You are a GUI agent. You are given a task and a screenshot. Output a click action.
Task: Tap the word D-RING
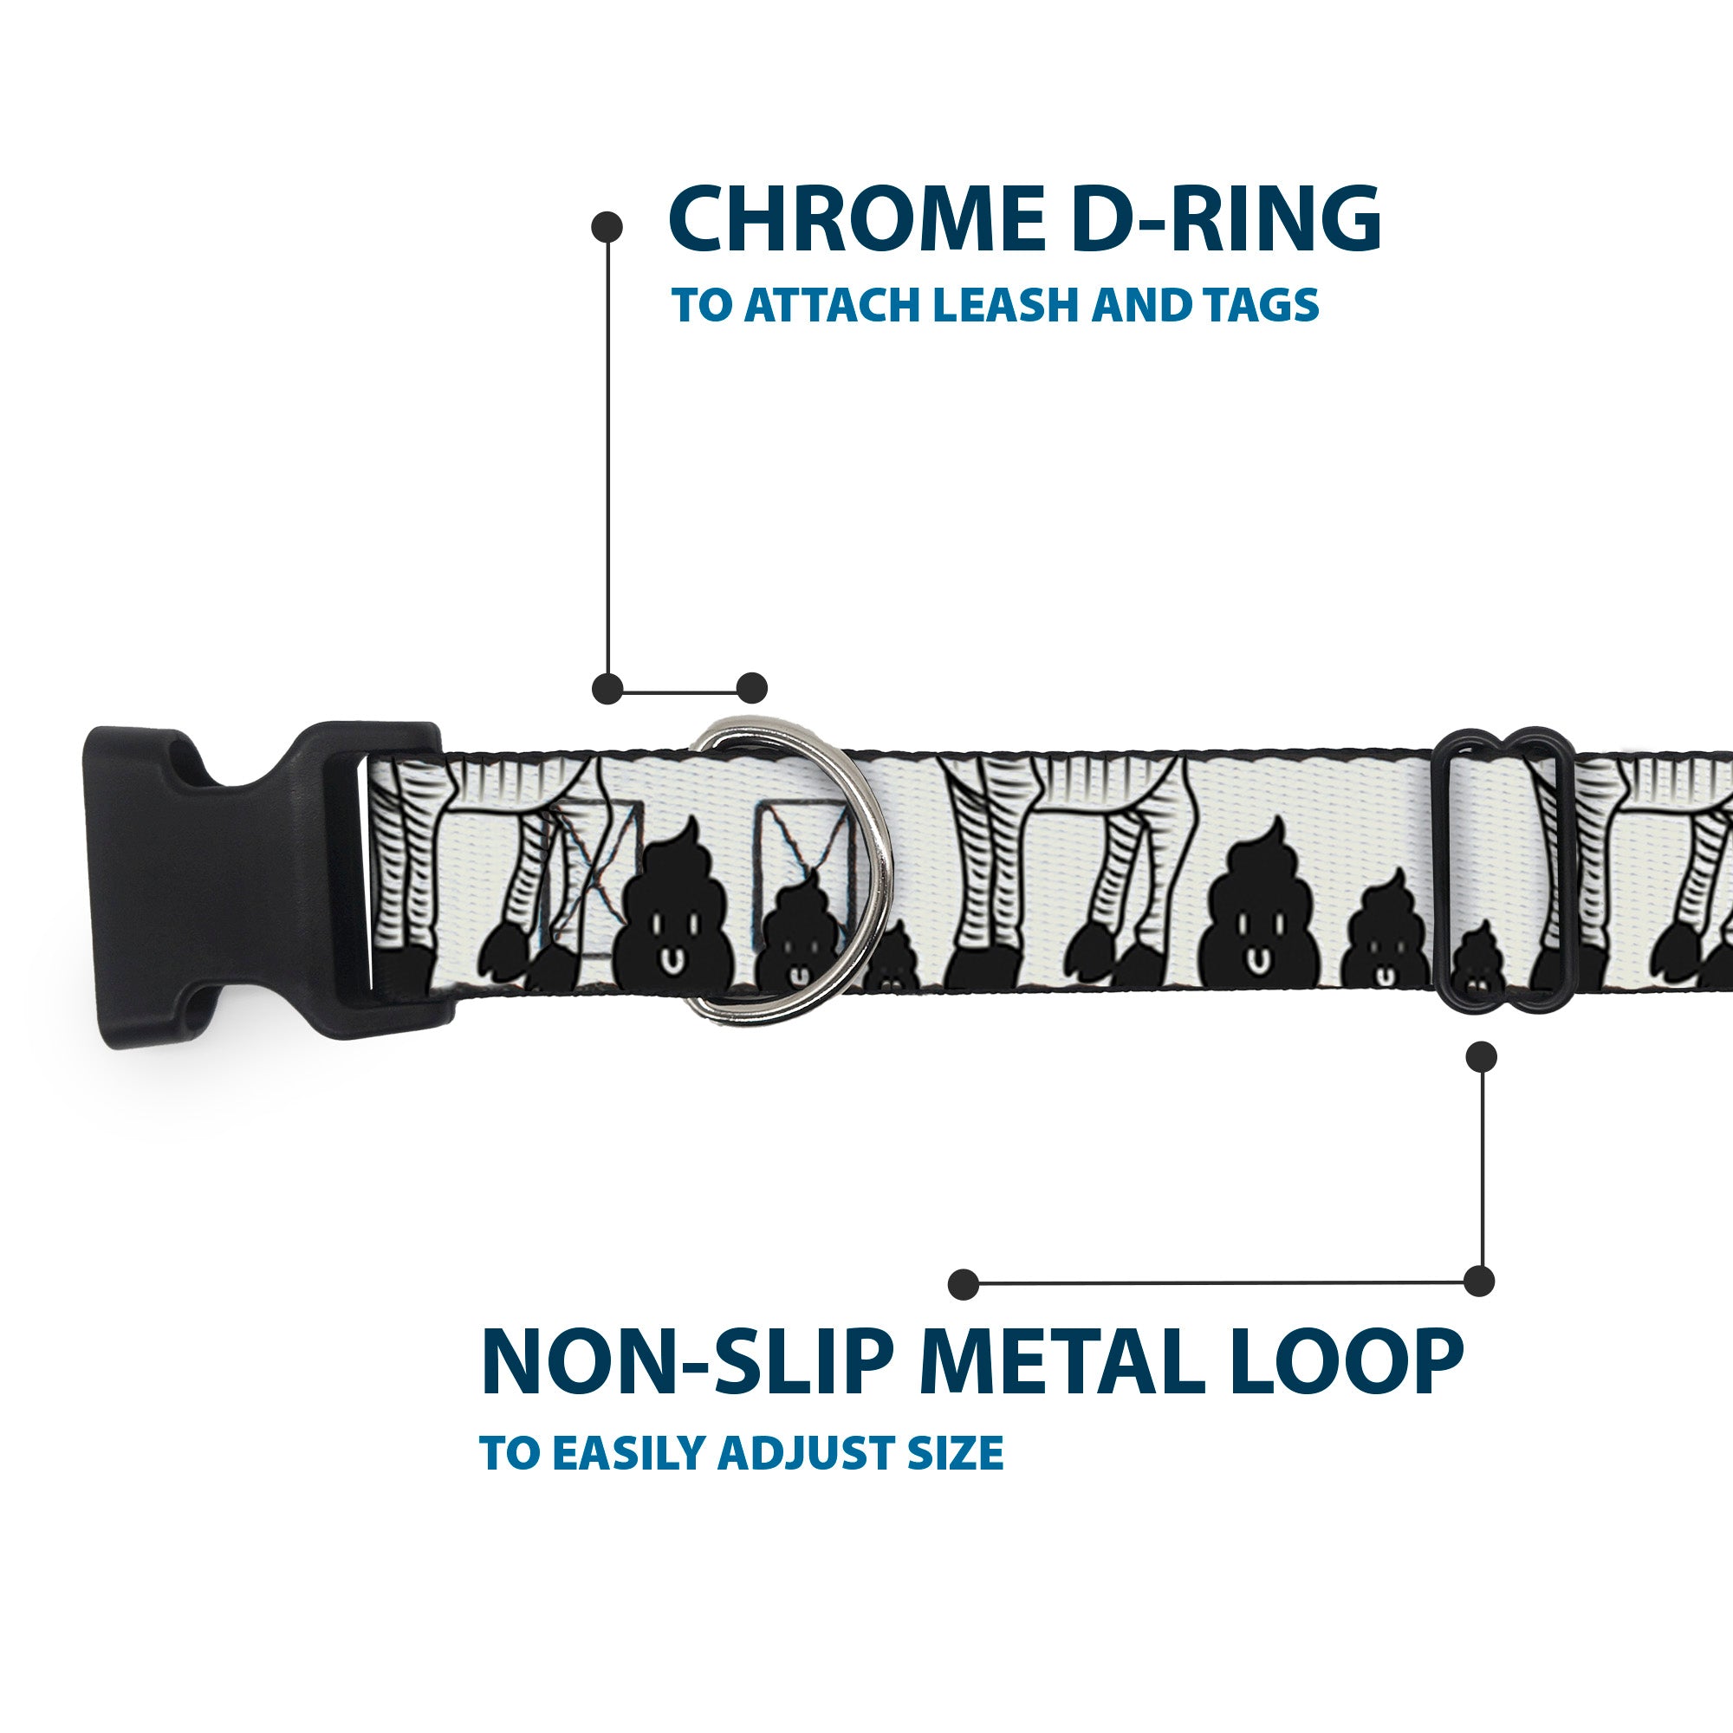pyautogui.click(x=1223, y=220)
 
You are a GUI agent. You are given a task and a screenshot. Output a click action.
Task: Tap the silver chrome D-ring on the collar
pyautogui.click(x=789, y=871)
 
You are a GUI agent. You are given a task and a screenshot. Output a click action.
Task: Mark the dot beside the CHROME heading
pyautogui.click(x=607, y=227)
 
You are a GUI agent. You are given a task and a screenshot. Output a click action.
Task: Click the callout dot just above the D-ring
pyautogui.click(x=751, y=688)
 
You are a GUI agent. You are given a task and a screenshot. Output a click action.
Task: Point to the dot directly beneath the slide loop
pyautogui.click(x=1481, y=1056)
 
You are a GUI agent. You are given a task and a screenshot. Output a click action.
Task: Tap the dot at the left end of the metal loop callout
pyautogui.click(x=964, y=1284)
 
